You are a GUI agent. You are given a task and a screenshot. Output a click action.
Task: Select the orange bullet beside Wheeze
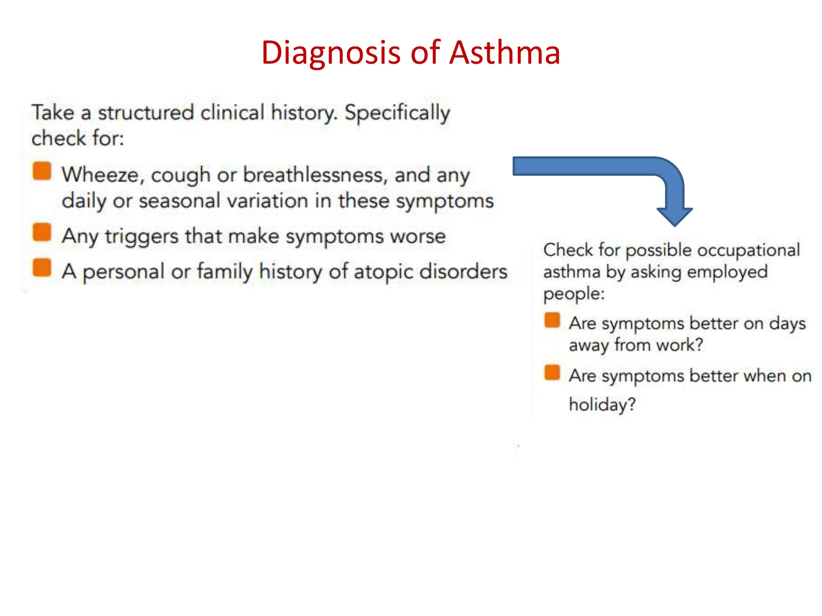pos(42,171)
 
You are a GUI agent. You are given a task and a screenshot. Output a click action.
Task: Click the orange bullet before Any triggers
pos(42,232)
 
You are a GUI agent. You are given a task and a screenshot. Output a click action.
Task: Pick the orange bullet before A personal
pos(42,267)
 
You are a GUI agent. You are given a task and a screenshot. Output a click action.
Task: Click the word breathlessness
pos(315,175)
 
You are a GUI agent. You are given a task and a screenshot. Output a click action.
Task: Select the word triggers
pos(141,237)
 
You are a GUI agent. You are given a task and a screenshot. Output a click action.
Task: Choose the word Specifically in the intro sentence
pos(397,113)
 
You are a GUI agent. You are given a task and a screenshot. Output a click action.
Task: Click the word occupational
pos(748,251)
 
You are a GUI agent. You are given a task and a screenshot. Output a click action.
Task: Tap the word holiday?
pos(602,405)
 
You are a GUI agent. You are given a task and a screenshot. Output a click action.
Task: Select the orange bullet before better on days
pos(552,320)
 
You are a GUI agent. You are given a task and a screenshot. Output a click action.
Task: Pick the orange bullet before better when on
pos(552,372)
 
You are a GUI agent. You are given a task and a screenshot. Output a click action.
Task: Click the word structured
pos(146,112)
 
